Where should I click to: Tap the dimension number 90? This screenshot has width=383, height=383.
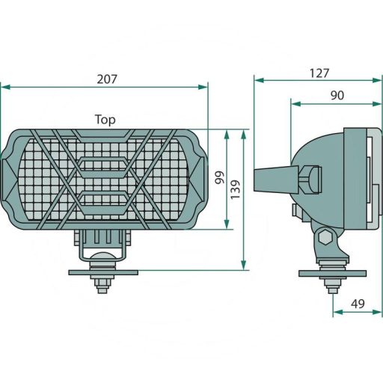tap(336, 95)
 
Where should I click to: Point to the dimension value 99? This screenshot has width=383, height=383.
tap(219, 177)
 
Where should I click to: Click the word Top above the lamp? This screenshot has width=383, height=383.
tap(105, 119)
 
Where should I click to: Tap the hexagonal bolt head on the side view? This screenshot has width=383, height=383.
tap(325, 239)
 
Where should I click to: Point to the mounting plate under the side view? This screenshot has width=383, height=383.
tap(332, 273)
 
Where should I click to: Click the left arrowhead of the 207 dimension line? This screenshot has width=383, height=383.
tap(4, 87)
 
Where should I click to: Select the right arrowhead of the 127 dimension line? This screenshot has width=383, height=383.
tap(378, 80)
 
